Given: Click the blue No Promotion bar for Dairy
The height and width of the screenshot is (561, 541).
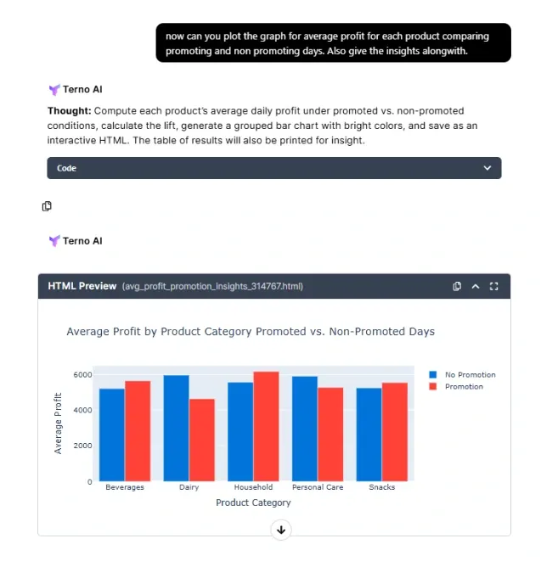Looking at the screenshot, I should (176, 429).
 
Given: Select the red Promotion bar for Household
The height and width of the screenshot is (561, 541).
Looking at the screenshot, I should (266, 427).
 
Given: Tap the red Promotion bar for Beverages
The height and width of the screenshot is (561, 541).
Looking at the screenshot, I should (138, 431).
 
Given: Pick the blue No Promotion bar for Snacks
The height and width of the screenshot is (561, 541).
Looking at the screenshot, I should (369, 435).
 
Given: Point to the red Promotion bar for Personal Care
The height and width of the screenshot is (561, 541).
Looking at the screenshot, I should (330, 435).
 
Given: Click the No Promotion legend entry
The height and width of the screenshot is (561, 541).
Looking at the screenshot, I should (470, 374).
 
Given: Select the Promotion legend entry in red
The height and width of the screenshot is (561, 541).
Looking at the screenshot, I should (464, 386).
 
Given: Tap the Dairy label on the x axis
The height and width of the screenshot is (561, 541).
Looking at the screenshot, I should (189, 487).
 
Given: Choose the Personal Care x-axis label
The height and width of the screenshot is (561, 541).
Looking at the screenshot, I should (317, 487).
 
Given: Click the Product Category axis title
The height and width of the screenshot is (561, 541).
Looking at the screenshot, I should (253, 502).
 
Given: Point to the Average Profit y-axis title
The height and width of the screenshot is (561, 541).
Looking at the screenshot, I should (58, 423).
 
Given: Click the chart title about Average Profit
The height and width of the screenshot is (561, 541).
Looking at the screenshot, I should (251, 332).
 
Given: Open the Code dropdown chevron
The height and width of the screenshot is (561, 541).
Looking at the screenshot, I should (487, 168).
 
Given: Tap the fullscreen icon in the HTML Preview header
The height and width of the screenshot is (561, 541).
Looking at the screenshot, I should (494, 286).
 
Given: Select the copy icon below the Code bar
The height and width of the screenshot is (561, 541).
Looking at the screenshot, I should (47, 206).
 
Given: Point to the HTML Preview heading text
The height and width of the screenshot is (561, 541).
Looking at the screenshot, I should (82, 286).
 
